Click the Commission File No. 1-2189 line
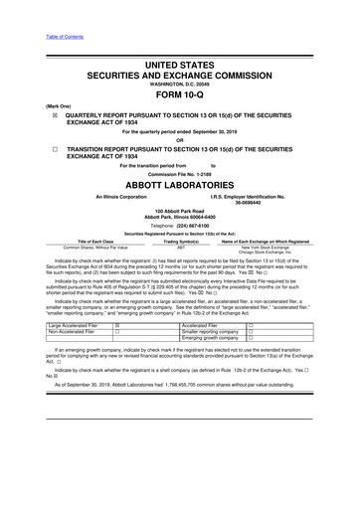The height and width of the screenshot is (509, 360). click(x=179, y=173)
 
